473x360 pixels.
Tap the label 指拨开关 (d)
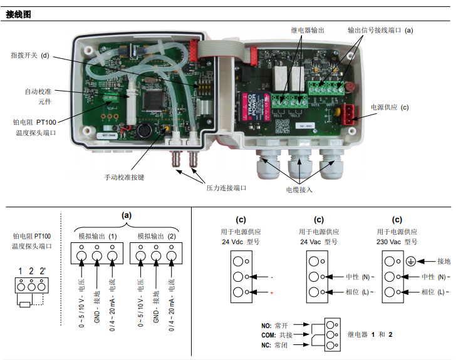click(x=29, y=56)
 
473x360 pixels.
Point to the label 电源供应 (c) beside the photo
click(x=390, y=107)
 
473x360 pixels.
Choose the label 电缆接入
click(x=299, y=188)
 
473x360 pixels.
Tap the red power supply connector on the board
click(x=346, y=113)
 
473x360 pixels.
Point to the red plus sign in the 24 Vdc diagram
click(x=273, y=292)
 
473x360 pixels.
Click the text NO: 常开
click(x=276, y=326)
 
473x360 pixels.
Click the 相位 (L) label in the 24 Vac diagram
click(x=359, y=292)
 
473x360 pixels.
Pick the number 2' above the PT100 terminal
click(x=43, y=271)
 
